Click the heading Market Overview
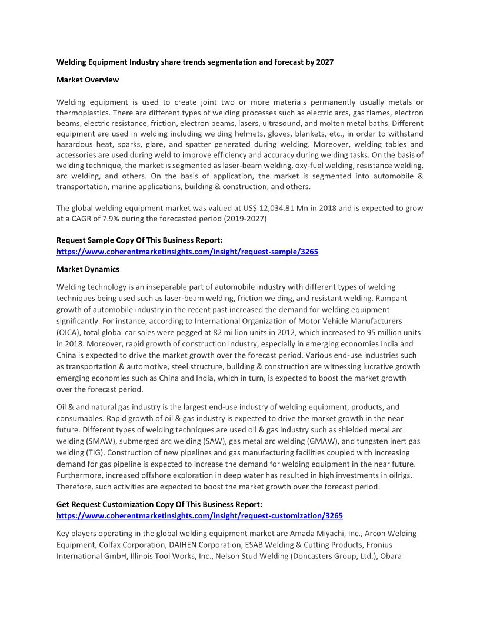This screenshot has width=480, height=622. click(88, 80)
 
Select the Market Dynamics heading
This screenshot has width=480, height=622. click(88, 269)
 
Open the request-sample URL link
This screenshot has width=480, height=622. click(187, 251)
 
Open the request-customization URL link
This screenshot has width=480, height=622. click(199, 515)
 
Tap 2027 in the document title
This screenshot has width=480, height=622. click(324, 62)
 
